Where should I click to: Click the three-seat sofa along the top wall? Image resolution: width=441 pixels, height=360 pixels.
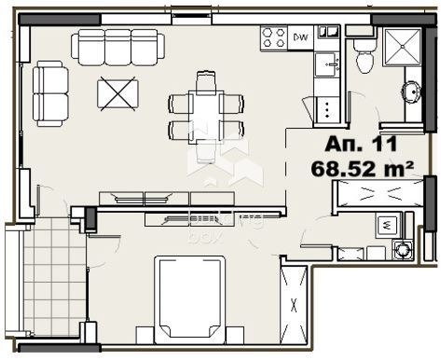click(117, 45)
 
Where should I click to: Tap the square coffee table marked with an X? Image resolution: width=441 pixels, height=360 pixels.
click(118, 94)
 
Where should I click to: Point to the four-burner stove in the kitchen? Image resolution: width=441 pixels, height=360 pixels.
click(274, 37)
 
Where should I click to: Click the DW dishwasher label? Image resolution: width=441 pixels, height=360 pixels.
click(301, 37)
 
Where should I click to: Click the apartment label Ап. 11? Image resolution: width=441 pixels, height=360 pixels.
click(361, 145)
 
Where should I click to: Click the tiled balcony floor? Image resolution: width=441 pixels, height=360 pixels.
click(53, 280)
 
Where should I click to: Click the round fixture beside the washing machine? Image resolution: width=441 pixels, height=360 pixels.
click(402, 250)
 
